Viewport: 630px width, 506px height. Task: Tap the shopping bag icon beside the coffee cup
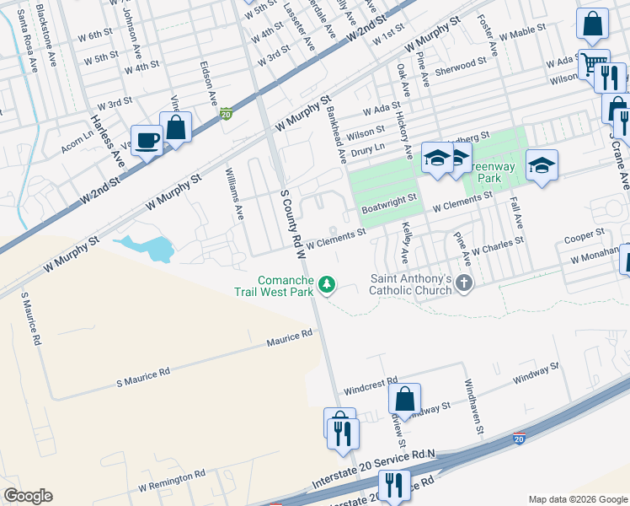coord(176,127)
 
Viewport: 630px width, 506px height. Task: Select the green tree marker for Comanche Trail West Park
coord(327,287)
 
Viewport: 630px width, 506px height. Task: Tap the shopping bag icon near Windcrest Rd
coord(405,398)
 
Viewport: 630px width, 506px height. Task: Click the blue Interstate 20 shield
coord(518,439)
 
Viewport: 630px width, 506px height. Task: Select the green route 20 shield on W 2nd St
coord(225,113)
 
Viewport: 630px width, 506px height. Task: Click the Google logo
coord(28,496)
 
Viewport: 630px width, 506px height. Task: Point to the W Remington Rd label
coord(172,481)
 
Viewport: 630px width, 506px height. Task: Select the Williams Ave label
coord(233,193)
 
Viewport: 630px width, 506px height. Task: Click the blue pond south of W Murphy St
coord(148,248)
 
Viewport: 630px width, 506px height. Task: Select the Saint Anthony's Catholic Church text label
coord(413,285)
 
